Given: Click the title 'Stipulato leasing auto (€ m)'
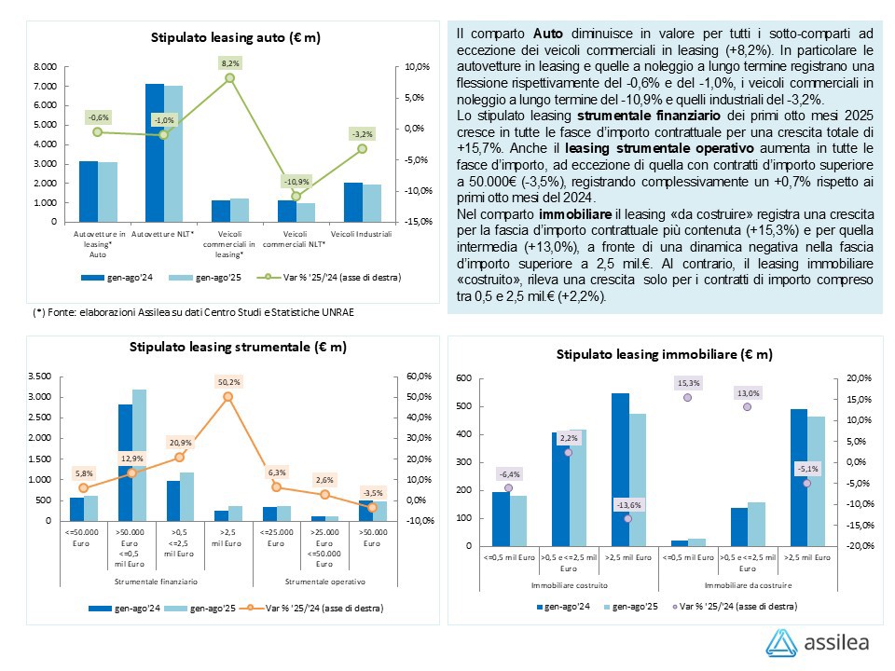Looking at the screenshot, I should pyautogui.click(x=236, y=37).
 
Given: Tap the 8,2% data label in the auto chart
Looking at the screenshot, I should pyautogui.click(x=229, y=62).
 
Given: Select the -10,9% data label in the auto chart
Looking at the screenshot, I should pyautogui.click(x=296, y=180).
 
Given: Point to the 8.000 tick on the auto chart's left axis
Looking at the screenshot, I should pyautogui.click(x=45, y=67).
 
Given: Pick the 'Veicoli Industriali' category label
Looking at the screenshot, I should pyautogui.click(x=362, y=233).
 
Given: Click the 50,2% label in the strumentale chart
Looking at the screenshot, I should pyautogui.click(x=228, y=381).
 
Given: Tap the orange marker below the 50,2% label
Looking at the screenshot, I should pyautogui.click(x=228, y=397).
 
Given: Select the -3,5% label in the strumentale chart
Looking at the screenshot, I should pyautogui.click(x=372, y=493).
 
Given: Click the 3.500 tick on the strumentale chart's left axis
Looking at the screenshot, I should pyautogui.click(x=39, y=377).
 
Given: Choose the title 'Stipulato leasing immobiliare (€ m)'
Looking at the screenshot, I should pyautogui.click(x=664, y=354).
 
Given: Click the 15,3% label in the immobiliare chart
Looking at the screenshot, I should pyautogui.click(x=688, y=383).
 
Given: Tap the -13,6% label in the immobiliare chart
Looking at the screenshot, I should pyautogui.click(x=627, y=504).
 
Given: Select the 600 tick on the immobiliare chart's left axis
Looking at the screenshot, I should pyautogui.click(x=463, y=378).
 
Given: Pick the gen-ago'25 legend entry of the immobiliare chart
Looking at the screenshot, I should pyautogui.click(x=632, y=606).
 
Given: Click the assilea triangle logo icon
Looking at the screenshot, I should pyautogui.click(x=781, y=643).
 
